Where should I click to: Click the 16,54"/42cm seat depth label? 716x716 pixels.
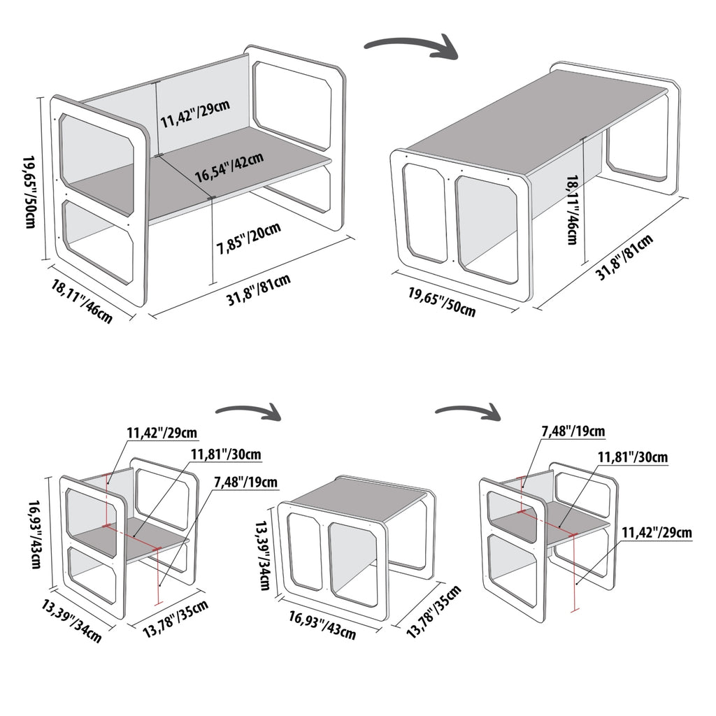click(229, 166)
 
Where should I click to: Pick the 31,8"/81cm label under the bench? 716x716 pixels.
click(259, 291)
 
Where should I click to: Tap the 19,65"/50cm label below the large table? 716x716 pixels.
click(442, 302)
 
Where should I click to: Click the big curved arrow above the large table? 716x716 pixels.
click(411, 50)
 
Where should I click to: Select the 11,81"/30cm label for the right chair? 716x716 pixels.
click(632, 458)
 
